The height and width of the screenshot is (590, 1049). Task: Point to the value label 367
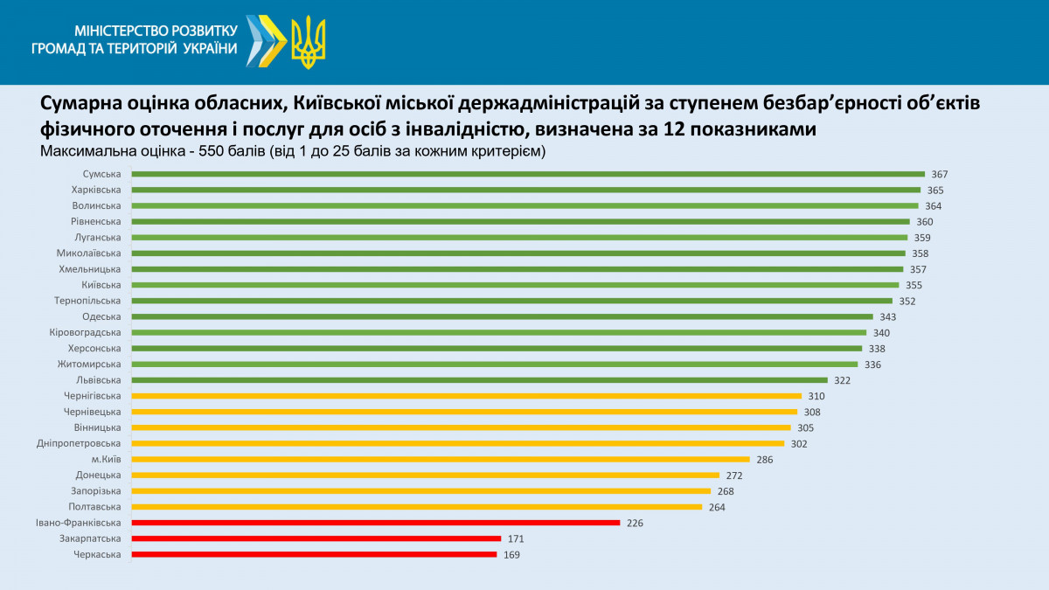[940, 174]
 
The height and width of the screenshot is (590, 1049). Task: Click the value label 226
[635, 523]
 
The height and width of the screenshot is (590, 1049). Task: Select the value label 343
[888, 316]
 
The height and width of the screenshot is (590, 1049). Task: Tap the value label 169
[511, 554]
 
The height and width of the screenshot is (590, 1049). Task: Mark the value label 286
[765, 459]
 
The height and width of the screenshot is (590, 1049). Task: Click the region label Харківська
[96, 190]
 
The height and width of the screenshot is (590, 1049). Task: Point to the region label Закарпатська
[91, 538]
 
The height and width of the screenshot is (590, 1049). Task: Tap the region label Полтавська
[94, 507]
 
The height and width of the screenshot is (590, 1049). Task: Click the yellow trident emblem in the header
[308, 41]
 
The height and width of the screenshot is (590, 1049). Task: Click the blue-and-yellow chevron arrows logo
[266, 41]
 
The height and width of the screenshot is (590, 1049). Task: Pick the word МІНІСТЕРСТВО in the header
[112, 31]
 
